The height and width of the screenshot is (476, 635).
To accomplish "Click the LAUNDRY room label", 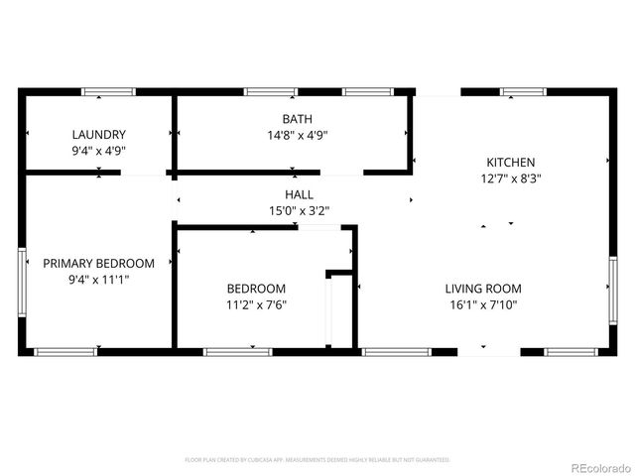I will pyautogui.click(x=98, y=135).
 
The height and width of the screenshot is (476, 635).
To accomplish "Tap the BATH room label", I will pyautogui.click(x=292, y=118).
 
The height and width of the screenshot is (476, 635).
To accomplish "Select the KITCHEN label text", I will pyautogui.click(x=510, y=163).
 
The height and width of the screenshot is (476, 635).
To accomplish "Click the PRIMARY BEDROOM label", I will pyautogui.click(x=98, y=263).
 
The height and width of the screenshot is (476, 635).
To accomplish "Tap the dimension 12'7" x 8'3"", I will pyautogui.click(x=510, y=179).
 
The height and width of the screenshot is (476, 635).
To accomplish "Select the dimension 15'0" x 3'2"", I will pyautogui.click(x=299, y=210).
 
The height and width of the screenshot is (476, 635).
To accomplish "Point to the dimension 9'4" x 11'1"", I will pyautogui.click(x=98, y=280).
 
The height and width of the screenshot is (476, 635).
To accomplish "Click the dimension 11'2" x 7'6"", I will pyautogui.click(x=256, y=305).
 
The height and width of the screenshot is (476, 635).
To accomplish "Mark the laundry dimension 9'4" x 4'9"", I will pyautogui.click(x=98, y=152).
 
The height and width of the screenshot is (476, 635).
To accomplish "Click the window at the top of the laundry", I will pyautogui.click(x=108, y=92).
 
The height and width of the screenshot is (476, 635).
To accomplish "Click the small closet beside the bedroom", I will pyautogui.click(x=341, y=310).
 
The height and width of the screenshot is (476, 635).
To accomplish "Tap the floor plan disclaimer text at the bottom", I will pyautogui.click(x=317, y=460).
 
